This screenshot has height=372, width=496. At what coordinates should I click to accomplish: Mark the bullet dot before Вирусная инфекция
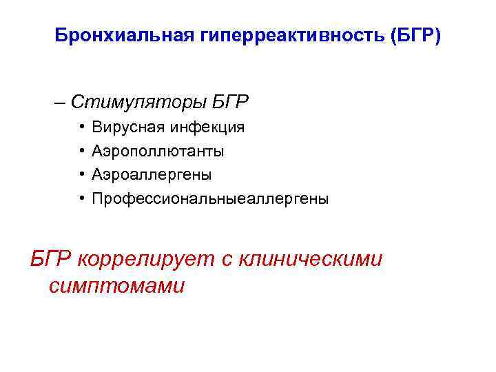(81, 127)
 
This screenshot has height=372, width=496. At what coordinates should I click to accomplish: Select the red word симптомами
(117, 286)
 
